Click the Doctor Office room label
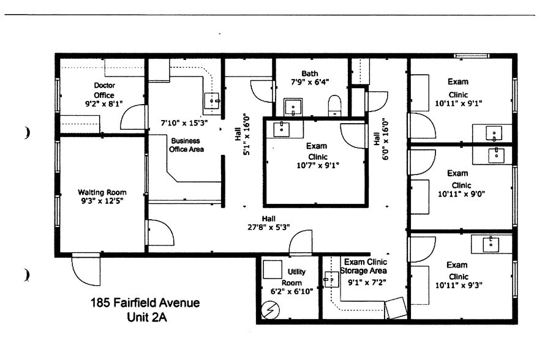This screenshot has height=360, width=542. (104, 90)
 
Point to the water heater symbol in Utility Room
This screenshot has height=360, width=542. (271, 310)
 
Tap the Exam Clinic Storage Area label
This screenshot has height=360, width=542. (364, 266)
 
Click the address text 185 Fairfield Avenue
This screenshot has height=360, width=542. (145, 302)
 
